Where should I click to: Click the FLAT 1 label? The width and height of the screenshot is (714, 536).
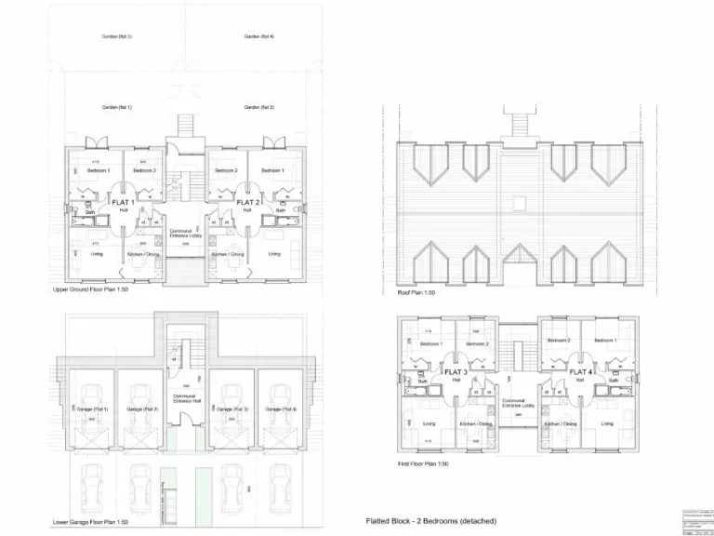[123, 202]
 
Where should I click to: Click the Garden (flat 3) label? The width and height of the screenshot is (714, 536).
[117, 36]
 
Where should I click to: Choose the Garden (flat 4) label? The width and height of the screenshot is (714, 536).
[258, 36]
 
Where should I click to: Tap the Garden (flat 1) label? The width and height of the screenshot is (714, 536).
[117, 108]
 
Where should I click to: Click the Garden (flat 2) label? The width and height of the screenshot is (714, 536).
[258, 108]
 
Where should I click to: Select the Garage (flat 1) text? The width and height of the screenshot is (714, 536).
[93, 409]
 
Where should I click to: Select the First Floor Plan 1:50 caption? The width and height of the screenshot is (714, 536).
[425, 463]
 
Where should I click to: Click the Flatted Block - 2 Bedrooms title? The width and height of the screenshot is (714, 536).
[431, 521]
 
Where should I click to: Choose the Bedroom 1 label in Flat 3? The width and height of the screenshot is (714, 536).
[430, 344]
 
